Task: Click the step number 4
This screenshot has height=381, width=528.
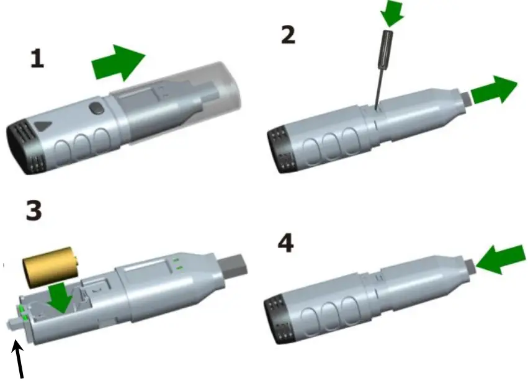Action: click(x=285, y=243)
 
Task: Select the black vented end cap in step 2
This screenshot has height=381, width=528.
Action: click(x=280, y=148)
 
